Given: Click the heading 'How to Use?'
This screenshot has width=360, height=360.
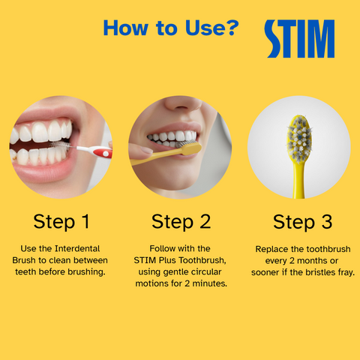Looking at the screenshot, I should coord(171,28).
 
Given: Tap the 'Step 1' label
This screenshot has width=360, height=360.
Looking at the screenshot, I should coord(61,221).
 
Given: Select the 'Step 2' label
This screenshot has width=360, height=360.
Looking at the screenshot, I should coord(180,221).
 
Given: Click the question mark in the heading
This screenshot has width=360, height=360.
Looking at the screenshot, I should coord(232,28).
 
